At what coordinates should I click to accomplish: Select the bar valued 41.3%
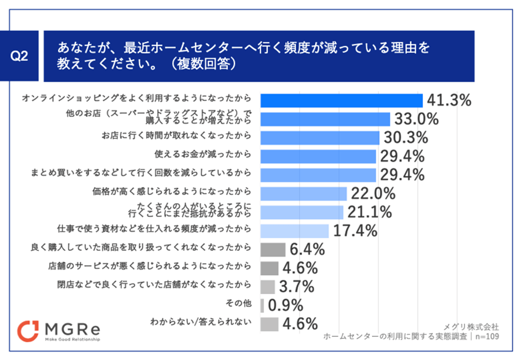click(341, 100)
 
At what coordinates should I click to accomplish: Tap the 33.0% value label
click(416, 119)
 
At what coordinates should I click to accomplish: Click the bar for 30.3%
click(320, 137)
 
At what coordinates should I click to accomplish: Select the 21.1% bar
click(302, 212)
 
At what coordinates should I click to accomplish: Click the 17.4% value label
click(355, 230)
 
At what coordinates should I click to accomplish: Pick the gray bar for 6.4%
click(273, 249)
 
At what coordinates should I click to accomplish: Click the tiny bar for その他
click(262, 305)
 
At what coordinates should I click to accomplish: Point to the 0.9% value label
click(285, 305)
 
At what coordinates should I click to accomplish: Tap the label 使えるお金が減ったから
click(203, 156)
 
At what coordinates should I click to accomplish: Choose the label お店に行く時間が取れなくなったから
click(177, 136)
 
